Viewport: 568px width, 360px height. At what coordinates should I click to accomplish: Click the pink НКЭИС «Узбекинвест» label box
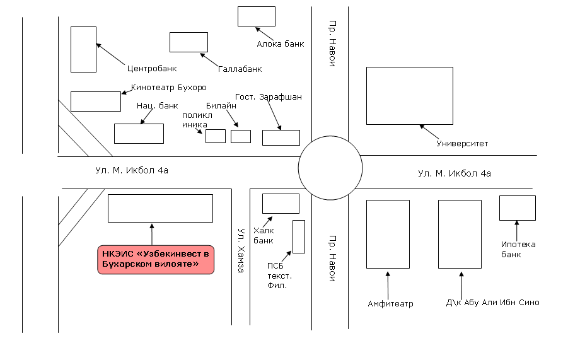point(156,260)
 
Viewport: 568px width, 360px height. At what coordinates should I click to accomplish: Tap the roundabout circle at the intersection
point(330,136)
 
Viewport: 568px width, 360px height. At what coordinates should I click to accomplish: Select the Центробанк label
point(152,69)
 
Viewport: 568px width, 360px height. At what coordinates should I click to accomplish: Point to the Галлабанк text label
point(240,69)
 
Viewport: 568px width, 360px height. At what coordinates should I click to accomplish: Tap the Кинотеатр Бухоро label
point(169,87)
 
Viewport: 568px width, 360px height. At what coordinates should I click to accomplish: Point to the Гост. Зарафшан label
point(269,96)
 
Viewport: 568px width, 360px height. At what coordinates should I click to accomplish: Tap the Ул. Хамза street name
point(241,250)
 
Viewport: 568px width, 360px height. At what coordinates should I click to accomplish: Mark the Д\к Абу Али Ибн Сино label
point(492,303)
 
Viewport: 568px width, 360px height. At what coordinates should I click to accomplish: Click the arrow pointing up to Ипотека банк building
point(517,231)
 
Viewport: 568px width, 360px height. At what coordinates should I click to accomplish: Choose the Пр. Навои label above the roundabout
point(332,44)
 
